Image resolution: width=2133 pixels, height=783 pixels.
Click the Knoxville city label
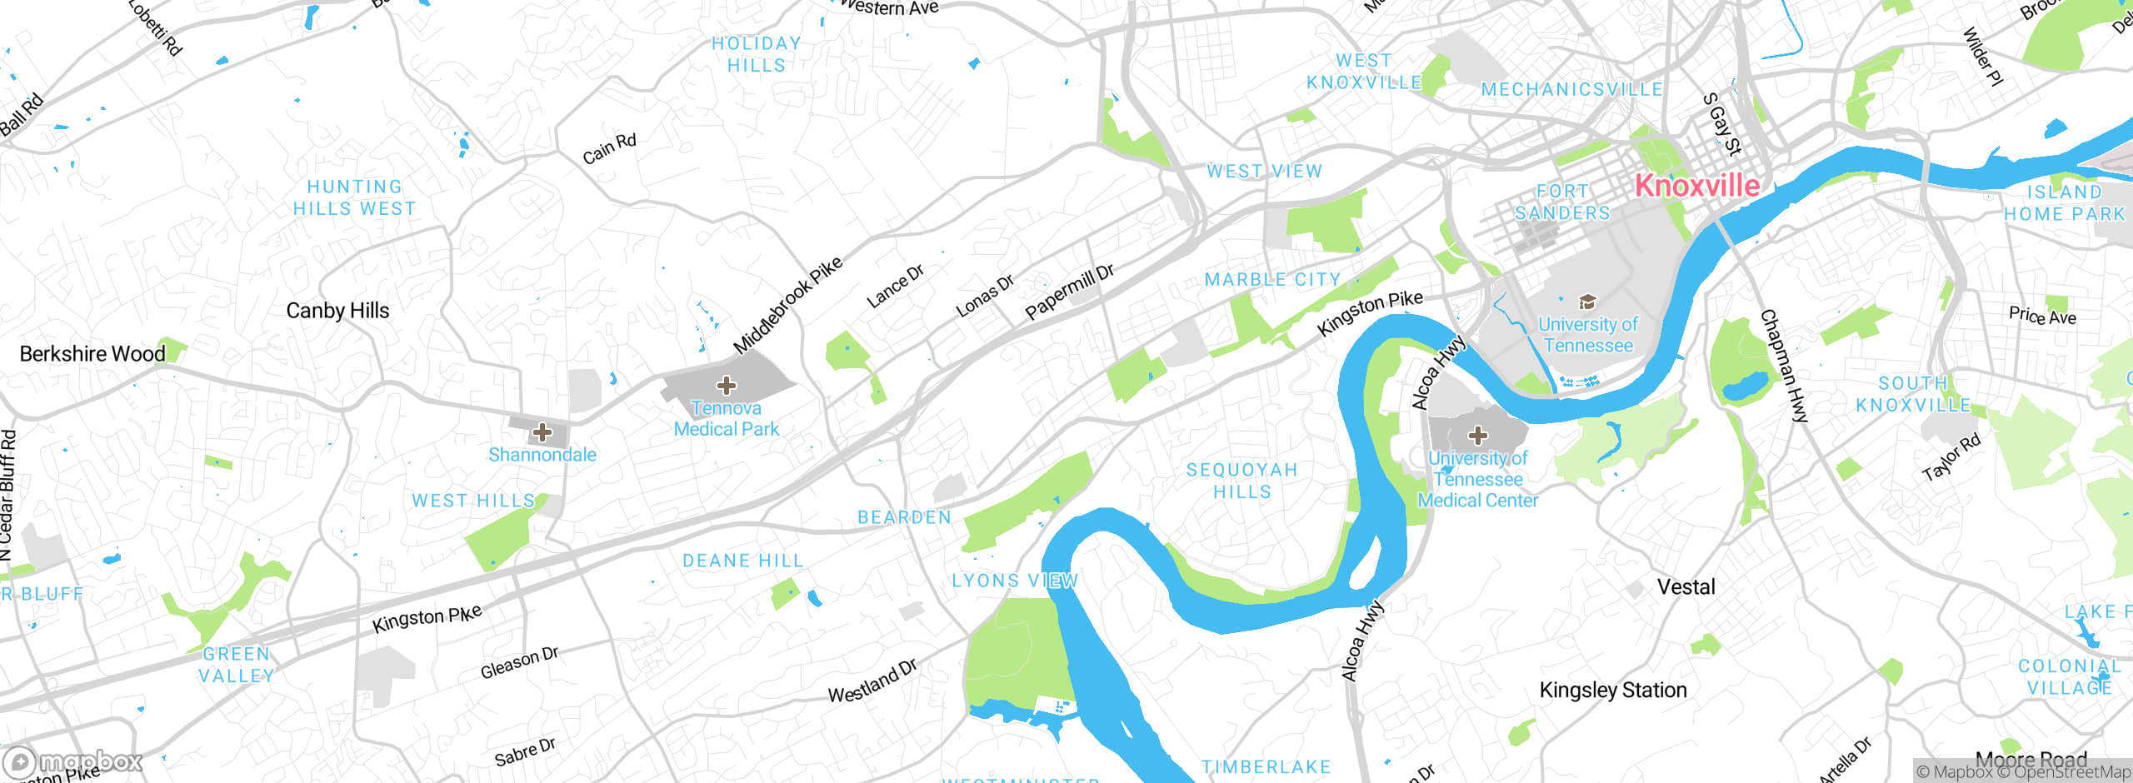click(1697, 185)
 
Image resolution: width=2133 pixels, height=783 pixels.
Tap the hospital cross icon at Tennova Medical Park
click(727, 385)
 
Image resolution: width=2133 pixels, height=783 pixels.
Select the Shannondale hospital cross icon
click(542, 431)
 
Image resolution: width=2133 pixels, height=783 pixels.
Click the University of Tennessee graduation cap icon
click(1587, 302)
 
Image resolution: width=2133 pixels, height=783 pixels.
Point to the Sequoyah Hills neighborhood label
click(1242, 481)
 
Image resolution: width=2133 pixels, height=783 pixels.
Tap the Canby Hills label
click(337, 311)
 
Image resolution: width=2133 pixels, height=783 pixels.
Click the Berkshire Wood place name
click(92, 354)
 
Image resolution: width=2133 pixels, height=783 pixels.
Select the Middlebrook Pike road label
click(787, 305)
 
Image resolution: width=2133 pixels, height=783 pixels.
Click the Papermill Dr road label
click(1069, 292)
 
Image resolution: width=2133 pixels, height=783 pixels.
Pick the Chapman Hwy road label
click(1784, 367)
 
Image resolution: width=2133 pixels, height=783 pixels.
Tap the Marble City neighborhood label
click(1272, 280)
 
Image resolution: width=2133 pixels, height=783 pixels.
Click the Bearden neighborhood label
click(904, 517)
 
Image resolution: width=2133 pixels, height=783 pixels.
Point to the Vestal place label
click(1686, 587)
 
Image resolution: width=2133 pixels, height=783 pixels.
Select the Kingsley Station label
click(1612, 691)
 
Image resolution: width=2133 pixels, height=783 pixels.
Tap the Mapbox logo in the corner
click(72, 761)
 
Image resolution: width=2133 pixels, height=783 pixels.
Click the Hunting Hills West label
click(354, 198)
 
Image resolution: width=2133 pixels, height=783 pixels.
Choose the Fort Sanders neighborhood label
click(1562, 202)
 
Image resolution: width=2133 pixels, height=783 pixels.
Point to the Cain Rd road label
click(609, 149)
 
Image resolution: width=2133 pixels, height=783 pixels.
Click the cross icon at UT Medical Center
click(1477, 435)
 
